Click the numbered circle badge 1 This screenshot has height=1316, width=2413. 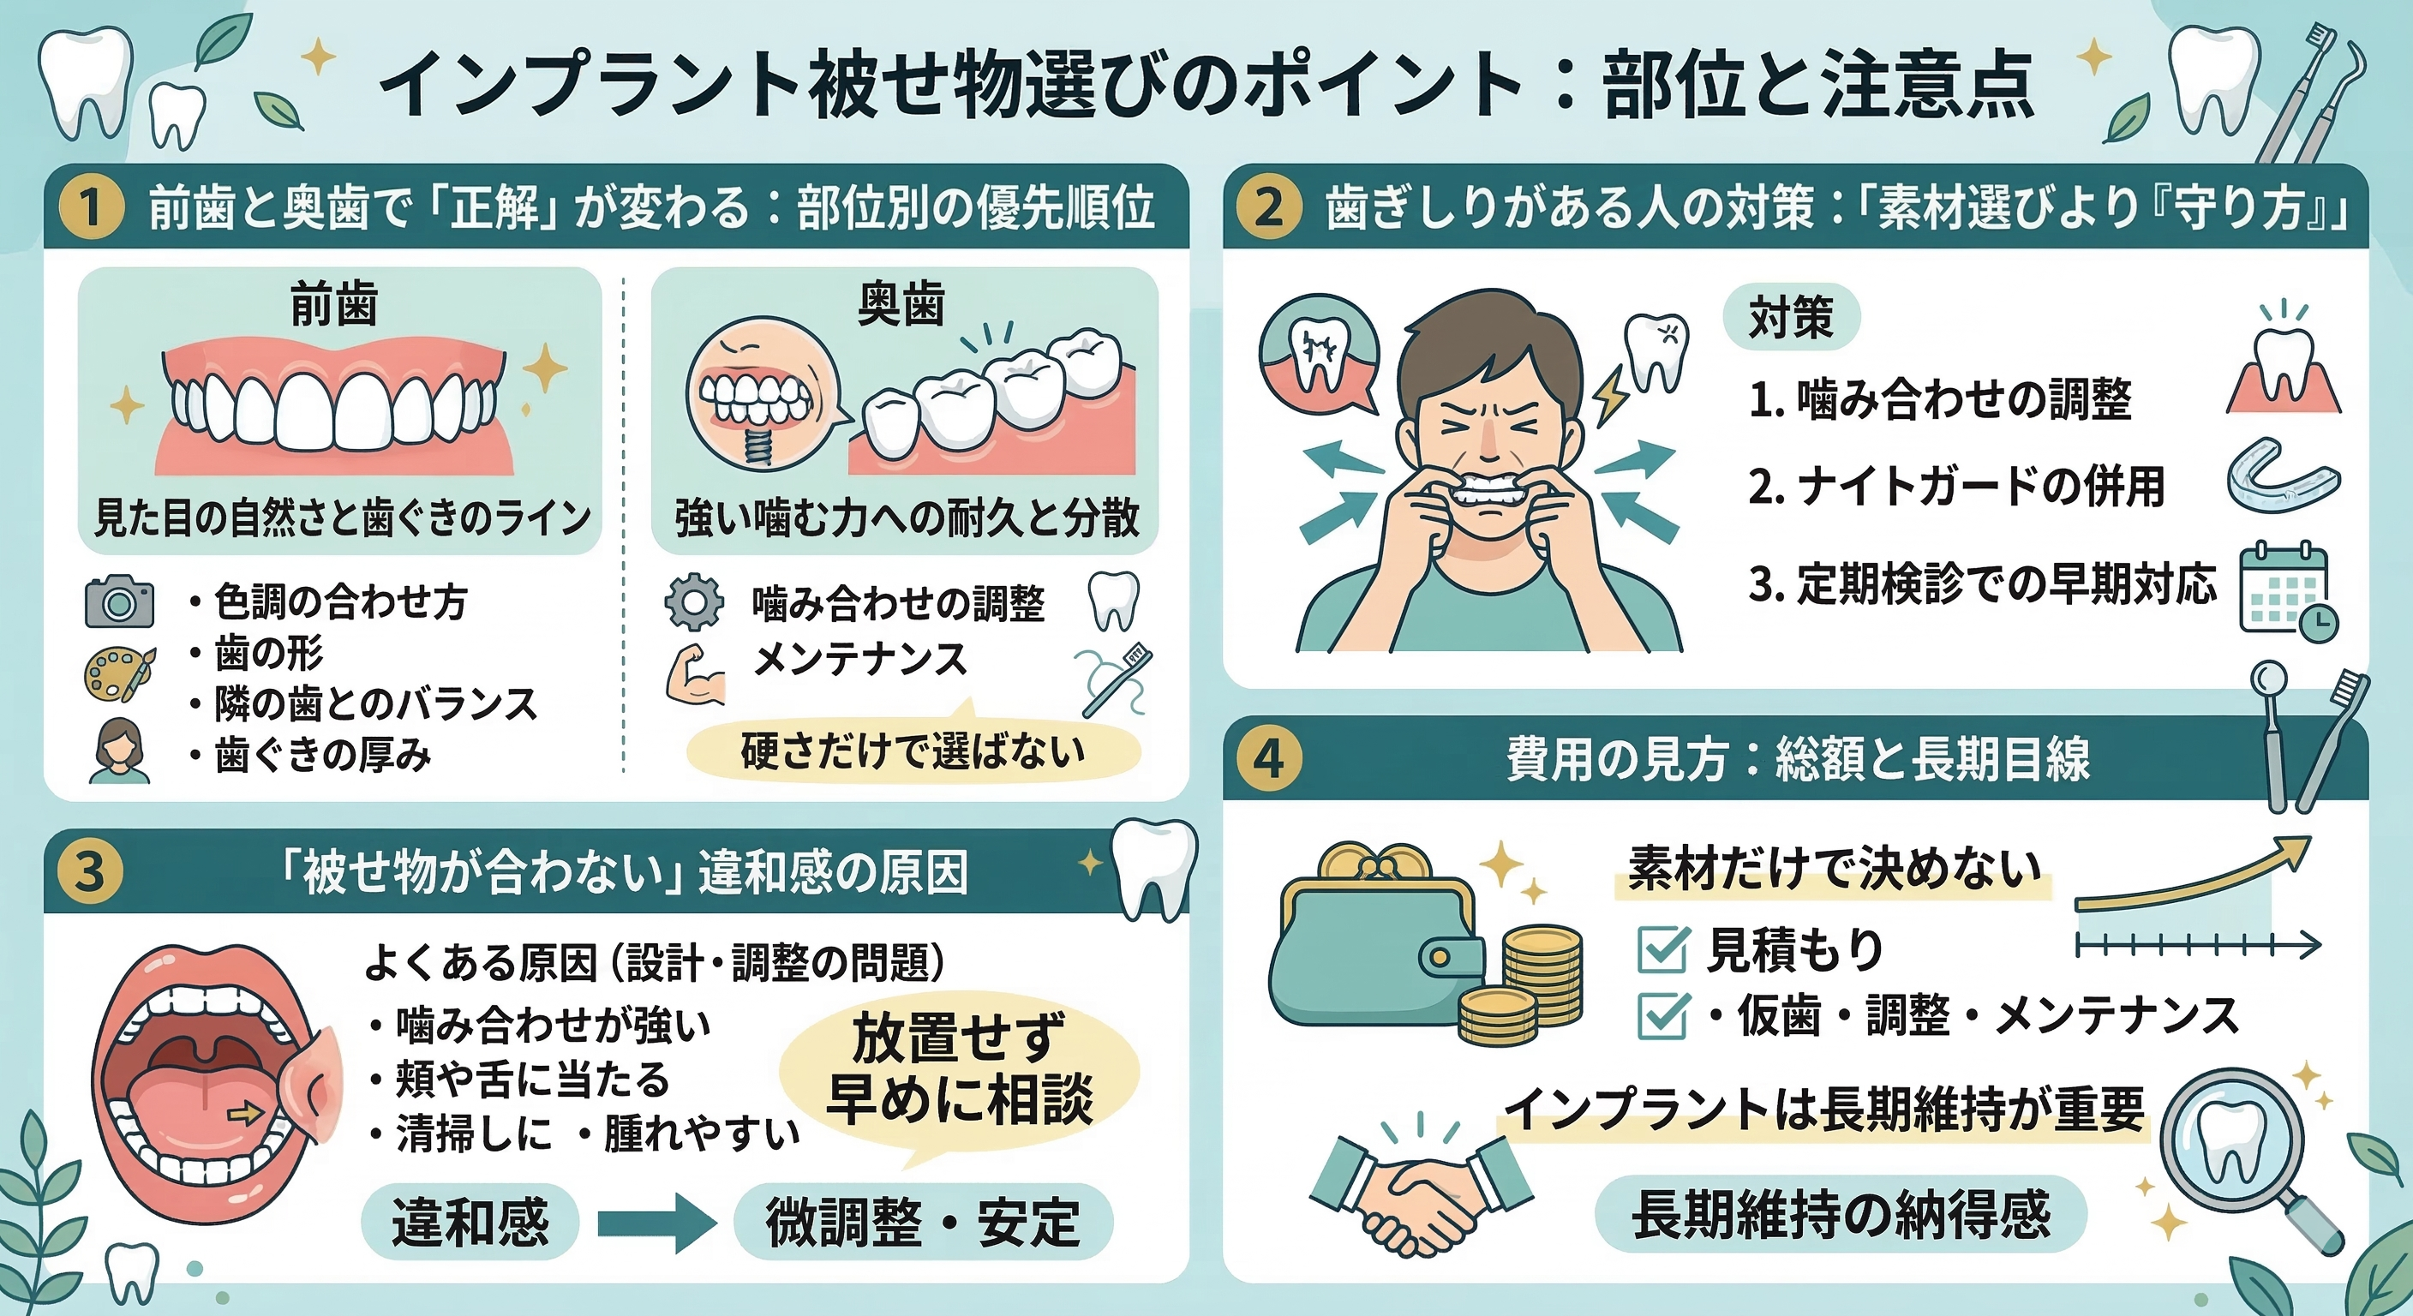point(91,207)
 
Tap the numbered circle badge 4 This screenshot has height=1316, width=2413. point(1268,759)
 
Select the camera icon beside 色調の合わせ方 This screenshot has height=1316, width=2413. point(119,601)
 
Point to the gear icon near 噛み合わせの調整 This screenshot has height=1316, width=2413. point(694,602)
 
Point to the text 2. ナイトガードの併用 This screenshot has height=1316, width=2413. point(1957,486)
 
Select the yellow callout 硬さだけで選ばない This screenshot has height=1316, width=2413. point(913,751)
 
